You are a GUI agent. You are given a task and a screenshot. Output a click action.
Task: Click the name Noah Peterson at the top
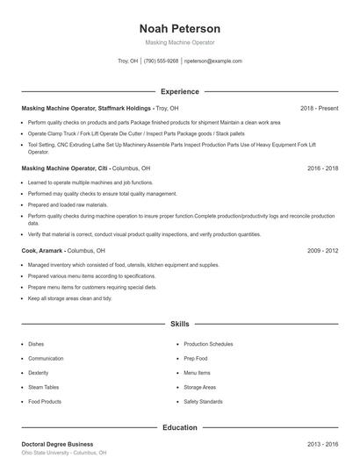tap(179, 28)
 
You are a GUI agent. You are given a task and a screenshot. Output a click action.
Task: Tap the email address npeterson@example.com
tap(212, 61)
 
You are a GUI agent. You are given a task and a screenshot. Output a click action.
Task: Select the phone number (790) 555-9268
tap(161, 61)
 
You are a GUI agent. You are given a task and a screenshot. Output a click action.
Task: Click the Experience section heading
tap(179, 91)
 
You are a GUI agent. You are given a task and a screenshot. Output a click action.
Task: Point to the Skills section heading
tap(179, 324)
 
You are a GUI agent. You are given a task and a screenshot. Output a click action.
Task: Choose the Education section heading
tap(179, 427)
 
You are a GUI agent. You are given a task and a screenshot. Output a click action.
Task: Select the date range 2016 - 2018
tap(320, 167)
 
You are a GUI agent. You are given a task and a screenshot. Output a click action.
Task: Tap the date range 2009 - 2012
tap(320, 250)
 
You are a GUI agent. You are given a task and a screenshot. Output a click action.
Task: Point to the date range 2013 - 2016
tap(320, 444)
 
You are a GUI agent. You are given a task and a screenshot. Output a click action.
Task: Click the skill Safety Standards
tap(203, 401)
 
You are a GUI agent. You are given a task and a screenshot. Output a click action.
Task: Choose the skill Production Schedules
tap(209, 344)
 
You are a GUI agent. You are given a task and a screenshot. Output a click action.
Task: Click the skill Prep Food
tap(196, 358)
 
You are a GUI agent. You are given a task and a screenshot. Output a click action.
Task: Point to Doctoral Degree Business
tap(57, 444)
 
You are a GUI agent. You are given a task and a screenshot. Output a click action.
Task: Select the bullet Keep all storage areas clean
tap(70, 298)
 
